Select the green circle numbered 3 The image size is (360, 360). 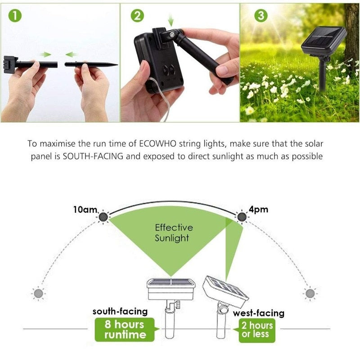(x=261, y=16)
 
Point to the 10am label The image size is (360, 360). (x=86, y=209)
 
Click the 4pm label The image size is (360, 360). (x=258, y=210)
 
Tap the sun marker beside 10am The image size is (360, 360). (x=103, y=217)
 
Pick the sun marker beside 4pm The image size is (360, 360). (x=242, y=217)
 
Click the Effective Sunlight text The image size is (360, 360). (x=174, y=233)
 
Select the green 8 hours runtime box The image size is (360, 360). (x=125, y=329)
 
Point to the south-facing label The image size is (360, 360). (x=120, y=311)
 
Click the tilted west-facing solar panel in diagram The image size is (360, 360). (x=225, y=291)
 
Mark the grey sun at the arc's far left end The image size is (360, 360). (x=39, y=293)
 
